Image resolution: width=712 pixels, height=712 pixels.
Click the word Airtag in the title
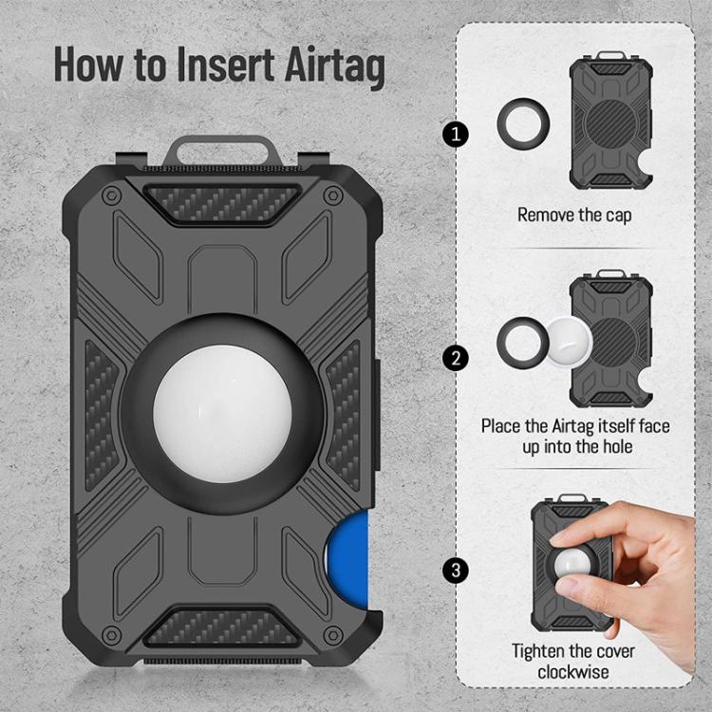pyautogui.click(x=335, y=66)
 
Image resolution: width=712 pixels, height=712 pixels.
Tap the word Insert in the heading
pyautogui.click(x=226, y=64)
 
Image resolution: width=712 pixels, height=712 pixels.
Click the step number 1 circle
pyautogui.click(x=456, y=135)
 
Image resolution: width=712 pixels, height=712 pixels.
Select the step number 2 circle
pyautogui.click(x=456, y=358)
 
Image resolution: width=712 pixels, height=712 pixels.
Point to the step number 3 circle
pyautogui.click(x=456, y=570)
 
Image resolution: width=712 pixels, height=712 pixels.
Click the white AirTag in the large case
pyautogui.click(x=222, y=414)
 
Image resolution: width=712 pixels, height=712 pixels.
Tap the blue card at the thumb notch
pyautogui.click(x=347, y=558)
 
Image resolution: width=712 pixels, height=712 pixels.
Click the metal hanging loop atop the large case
pyautogui.click(x=222, y=151)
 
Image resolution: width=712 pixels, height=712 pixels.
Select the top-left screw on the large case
pyautogui.click(x=111, y=197)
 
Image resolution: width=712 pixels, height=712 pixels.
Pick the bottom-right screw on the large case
pyautogui.click(x=333, y=634)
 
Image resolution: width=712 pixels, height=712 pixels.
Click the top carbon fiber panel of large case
pyautogui.click(x=222, y=203)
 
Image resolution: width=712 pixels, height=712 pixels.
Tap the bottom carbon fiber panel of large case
pyautogui.click(x=221, y=628)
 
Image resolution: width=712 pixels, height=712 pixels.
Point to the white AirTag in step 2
pyautogui.click(x=570, y=342)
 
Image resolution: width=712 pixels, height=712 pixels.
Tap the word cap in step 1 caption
pyautogui.click(x=618, y=215)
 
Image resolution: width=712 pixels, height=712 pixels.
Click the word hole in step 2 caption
pyautogui.click(x=617, y=446)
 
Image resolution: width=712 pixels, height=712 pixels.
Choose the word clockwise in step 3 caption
pyautogui.click(x=573, y=672)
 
